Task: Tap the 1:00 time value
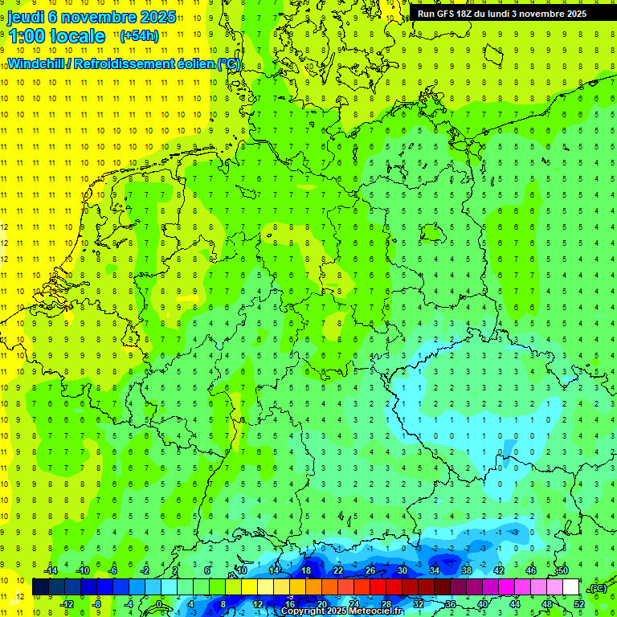pos(24,36)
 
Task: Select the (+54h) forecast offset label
pos(138,35)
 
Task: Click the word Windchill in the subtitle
pos(37,63)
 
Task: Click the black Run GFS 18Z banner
pos(502,13)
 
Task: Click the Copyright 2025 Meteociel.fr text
pos(341,611)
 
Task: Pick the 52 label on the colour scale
pos(579,604)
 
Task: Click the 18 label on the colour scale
pos(306,570)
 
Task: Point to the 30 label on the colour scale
pos(402,570)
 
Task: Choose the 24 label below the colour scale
pos(354,604)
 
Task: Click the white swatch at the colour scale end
pos(570,587)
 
